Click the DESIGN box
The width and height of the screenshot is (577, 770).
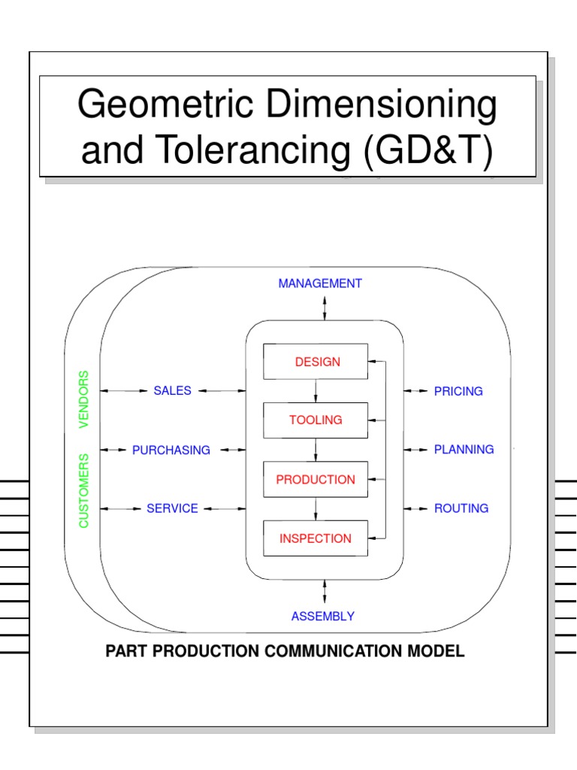(x=316, y=362)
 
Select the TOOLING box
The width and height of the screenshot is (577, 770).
(x=316, y=420)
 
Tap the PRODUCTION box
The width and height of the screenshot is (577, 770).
(x=316, y=480)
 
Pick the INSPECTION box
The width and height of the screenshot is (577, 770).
(x=316, y=538)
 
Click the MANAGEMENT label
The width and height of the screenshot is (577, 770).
(x=320, y=283)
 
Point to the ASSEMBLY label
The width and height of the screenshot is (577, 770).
(x=323, y=617)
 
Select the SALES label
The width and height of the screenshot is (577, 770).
(x=173, y=391)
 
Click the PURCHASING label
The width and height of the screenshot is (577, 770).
(x=171, y=450)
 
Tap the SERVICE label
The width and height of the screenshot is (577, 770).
(x=173, y=509)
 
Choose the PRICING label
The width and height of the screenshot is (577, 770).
(x=458, y=391)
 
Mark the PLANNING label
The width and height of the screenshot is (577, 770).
(x=464, y=450)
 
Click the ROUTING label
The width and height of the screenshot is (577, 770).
(x=461, y=508)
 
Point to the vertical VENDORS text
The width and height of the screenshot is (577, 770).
(x=84, y=399)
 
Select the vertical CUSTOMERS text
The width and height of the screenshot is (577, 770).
(x=84, y=490)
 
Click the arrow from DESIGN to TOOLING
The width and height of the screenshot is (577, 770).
(x=316, y=391)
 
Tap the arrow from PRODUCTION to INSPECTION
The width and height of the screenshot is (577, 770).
(x=316, y=509)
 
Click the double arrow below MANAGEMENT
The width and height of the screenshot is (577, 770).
(x=325, y=308)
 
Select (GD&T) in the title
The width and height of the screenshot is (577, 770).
(x=429, y=150)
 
